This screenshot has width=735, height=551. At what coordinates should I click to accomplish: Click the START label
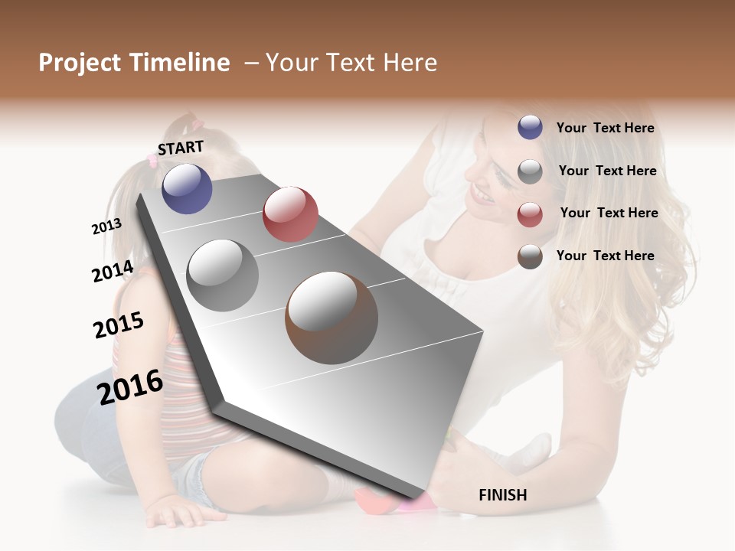pyautogui.click(x=181, y=148)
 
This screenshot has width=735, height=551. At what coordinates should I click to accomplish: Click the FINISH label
pyautogui.click(x=502, y=495)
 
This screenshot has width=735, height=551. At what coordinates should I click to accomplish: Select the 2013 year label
pyautogui.click(x=106, y=226)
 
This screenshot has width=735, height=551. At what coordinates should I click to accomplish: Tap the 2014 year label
pyautogui.click(x=113, y=271)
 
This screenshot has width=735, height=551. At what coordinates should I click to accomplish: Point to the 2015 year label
pyautogui.click(x=119, y=325)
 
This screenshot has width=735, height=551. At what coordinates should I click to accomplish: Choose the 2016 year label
pyautogui.click(x=130, y=386)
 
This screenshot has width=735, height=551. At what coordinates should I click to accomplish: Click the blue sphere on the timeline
pyautogui.click(x=187, y=188)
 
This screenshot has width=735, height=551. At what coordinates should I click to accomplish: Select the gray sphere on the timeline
pyautogui.click(x=223, y=275)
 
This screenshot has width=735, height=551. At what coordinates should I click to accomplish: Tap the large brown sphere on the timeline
pyautogui.click(x=332, y=318)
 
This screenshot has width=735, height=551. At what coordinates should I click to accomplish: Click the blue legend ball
pyautogui.click(x=530, y=127)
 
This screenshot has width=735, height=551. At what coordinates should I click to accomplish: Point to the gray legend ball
pyautogui.click(x=530, y=171)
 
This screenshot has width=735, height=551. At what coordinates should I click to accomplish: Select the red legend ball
pyautogui.click(x=530, y=214)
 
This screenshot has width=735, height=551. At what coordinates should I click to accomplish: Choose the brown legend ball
pyautogui.click(x=530, y=256)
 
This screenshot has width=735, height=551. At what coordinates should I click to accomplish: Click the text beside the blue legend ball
pyautogui.click(x=605, y=128)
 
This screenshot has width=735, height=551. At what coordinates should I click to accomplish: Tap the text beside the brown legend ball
pyautogui.click(x=605, y=256)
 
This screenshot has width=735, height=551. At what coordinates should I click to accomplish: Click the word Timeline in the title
pyautogui.click(x=179, y=63)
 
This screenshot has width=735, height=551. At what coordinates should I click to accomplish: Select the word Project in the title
pyautogui.click(x=80, y=63)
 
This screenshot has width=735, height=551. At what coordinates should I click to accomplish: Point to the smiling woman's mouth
pyautogui.click(x=482, y=194)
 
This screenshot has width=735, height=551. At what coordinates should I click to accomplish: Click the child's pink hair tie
pyautogui.click(x=198, y=122)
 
